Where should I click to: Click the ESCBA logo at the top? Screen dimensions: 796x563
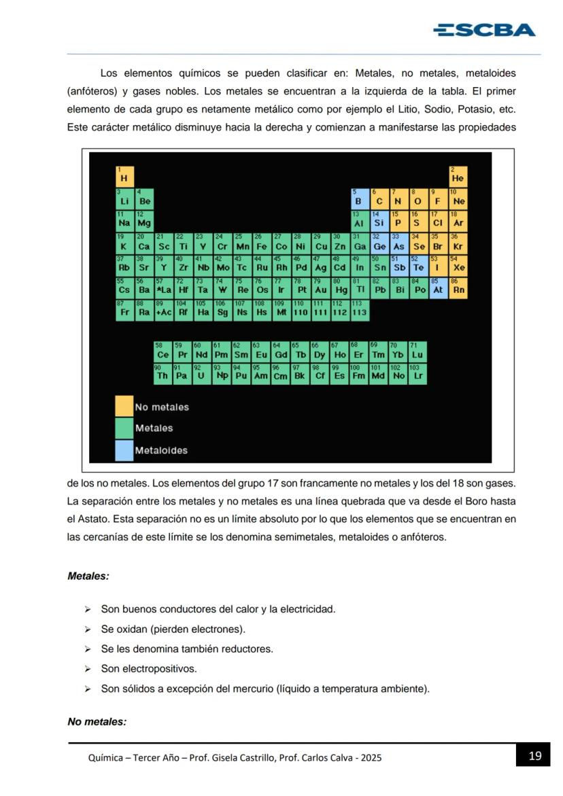click(x=484, y=30)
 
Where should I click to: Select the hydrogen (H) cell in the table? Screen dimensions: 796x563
click(x=124, y=176)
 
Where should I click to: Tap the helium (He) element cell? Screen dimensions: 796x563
click(x=458, y=176)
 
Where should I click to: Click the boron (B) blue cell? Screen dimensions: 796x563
click(x=360, y=198)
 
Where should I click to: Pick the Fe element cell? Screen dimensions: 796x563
click(x=262, y=243)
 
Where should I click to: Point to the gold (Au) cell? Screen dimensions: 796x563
click(x=321, y=288)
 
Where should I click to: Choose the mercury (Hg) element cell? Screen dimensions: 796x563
click(x=340, y=288)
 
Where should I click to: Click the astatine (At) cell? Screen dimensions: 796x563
click(x=439, y=288)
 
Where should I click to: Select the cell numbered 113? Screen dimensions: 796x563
click(x=360, y=311)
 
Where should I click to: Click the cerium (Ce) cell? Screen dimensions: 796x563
click(x=163, y=352)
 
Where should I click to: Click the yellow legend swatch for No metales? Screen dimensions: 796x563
click(x=124, y=406)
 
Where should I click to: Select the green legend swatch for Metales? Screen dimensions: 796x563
click(x=124, y=428)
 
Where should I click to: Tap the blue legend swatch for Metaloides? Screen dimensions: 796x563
click(x=124, y=450)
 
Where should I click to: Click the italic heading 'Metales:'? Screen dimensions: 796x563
click(x=88, y=576)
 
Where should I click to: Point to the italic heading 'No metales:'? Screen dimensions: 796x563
click(x=97, y=721)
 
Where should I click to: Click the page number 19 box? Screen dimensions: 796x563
click(x=534, y=755)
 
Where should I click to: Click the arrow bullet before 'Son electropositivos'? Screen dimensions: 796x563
click(x=87, y=669)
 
